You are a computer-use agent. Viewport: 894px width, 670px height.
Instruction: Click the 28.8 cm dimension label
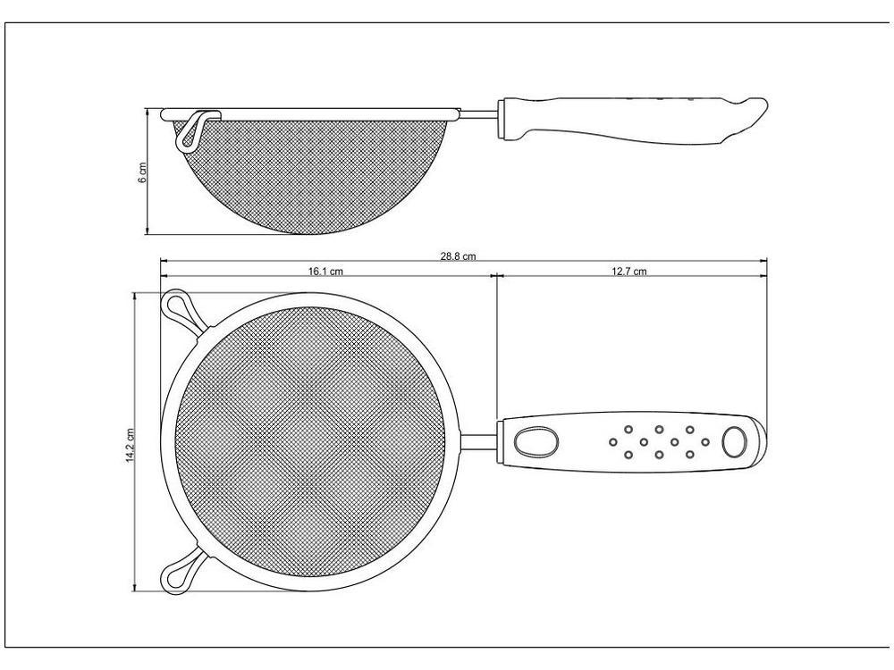click(x=457, y=256)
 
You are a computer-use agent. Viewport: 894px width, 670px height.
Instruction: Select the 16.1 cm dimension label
click(x=325, y=272)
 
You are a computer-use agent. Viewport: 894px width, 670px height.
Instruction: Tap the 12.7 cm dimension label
click(x=629, y=272)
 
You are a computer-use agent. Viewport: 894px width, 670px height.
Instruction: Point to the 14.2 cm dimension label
click(x=130, y=446)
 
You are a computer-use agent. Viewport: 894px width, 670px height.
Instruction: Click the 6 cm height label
click(x=142, y=172)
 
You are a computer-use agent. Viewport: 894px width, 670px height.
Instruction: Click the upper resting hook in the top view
click(x=181, y=311)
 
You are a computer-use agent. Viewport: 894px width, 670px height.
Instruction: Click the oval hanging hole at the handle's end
click(x=734, y=441)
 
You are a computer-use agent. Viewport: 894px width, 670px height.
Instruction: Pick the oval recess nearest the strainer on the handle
click(x=536, y=441)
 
